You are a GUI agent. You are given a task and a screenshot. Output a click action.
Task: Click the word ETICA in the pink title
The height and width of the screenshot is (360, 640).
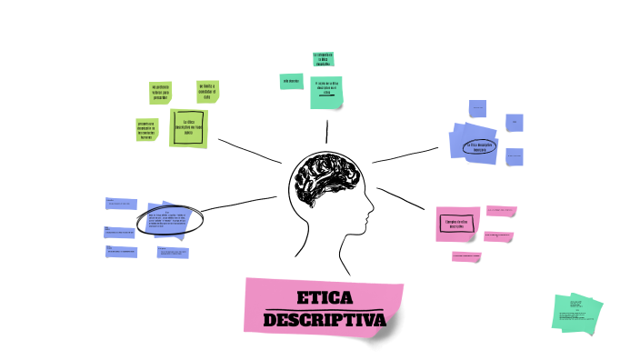(325, 297)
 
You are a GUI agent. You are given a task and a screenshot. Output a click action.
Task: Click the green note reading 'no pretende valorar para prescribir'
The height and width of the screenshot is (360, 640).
(160, 92)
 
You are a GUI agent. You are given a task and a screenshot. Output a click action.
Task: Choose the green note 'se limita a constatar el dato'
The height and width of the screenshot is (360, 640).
(208, 90)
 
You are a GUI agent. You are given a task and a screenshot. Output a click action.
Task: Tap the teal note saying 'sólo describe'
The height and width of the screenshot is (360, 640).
(291, 81)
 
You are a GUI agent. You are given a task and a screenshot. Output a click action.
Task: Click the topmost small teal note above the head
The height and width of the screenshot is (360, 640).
(324, 58)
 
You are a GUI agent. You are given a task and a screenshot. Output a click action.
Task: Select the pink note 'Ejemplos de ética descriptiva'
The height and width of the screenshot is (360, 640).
(457, 223)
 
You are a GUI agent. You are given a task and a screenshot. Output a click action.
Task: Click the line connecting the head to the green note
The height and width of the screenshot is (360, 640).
(249, 150)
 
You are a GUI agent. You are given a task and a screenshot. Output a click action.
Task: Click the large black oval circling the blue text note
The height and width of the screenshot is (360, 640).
(170, 219)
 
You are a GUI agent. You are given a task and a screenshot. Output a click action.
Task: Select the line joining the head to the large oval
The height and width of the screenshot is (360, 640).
(240, 205)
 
